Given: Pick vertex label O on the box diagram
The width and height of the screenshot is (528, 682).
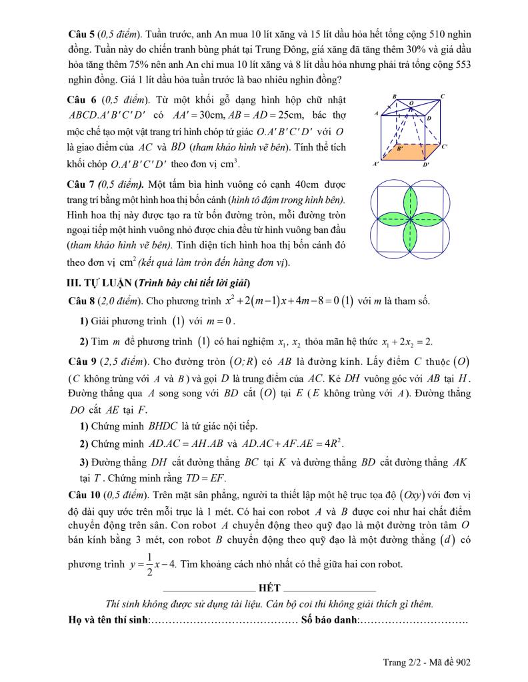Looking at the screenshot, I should click(x=411, y=103).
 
